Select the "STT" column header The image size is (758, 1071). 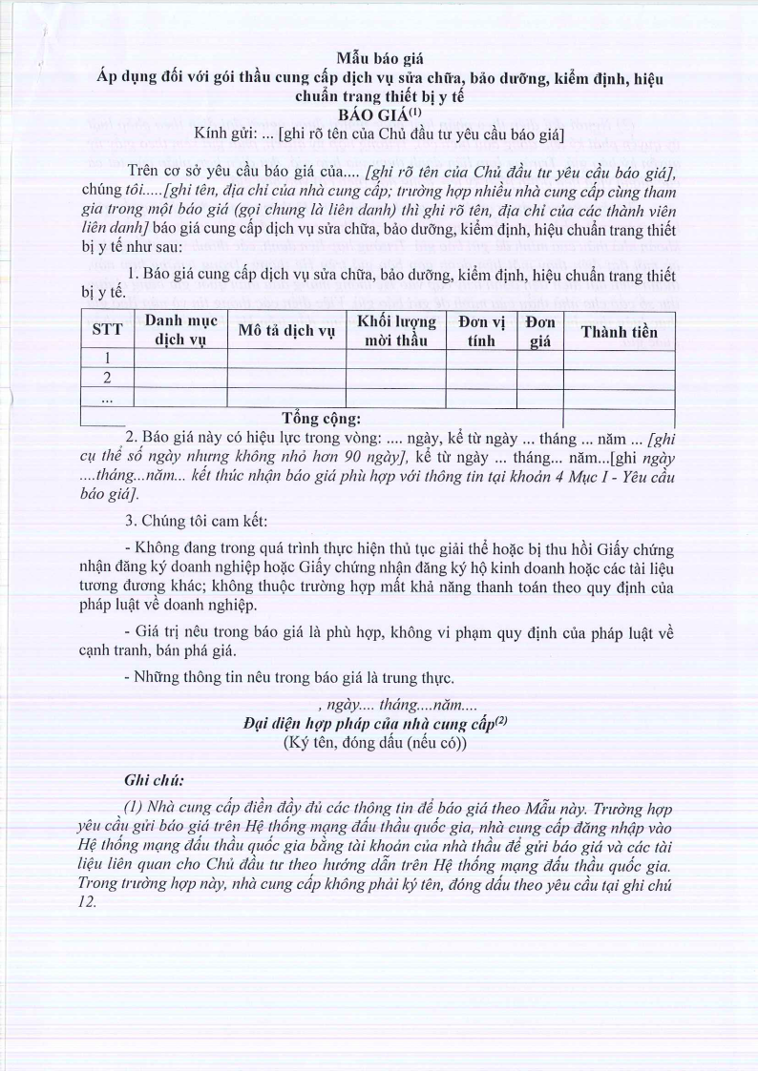click(107, 332)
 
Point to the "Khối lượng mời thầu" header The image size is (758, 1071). click(395, 331)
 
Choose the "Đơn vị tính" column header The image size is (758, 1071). click(481, 331)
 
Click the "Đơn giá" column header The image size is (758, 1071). click(540, 331)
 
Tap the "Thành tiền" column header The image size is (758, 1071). click(619, 332)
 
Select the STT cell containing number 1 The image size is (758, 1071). click(107, 360)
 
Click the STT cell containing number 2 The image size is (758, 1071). click(107, 379)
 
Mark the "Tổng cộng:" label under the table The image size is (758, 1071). click(322, 418)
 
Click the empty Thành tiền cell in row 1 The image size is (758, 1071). click(619, 360)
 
